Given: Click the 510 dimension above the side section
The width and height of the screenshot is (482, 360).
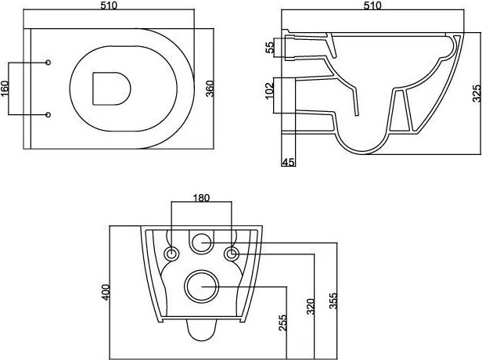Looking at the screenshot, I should (372, 6).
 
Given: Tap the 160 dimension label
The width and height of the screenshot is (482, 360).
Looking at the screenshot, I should (5, 88).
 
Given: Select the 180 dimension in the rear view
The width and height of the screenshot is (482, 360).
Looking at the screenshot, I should (202, 198).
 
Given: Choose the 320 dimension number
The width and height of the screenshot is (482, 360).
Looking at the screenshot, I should (311, 306).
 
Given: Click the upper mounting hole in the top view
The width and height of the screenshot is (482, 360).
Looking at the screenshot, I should (49, 63).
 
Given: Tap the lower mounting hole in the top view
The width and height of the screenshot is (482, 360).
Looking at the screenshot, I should (49, 115).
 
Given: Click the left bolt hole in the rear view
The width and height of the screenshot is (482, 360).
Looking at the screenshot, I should (171, 254).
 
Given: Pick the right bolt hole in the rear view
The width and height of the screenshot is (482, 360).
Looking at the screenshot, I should (232, 254).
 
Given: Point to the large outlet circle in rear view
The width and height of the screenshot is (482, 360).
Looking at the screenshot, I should (201, 287).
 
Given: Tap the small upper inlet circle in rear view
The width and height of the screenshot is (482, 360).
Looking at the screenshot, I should (201, 243).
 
